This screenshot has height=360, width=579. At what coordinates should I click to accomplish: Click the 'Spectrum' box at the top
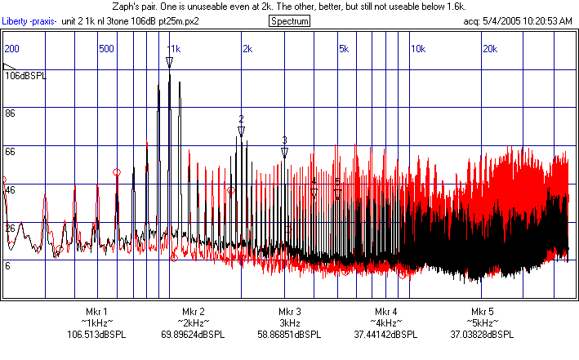click(x=289, y=20)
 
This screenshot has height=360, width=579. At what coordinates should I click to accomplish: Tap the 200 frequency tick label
click(x=12, y=49)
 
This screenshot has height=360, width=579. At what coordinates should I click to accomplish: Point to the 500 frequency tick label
click(x=105, y=49)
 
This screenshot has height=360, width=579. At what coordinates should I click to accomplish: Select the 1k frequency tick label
click(x=175, y=49)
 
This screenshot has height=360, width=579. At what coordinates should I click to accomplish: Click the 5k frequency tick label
click(x=343, y=49)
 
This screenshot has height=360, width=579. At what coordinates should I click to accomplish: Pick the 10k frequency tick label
click(x=417, y=49)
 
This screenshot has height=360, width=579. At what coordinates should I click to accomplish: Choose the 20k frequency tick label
click(x=489, y=49)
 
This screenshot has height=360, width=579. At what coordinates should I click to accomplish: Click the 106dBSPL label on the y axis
click(x=26, y=76)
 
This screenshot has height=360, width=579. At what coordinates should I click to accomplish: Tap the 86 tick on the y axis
click(x=11, y=113)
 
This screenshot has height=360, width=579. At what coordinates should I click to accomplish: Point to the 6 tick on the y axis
click(x=8, y=266)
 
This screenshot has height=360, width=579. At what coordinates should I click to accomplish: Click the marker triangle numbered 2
click(x=241, y=128)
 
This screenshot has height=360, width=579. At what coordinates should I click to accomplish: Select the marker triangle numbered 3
click(x=284, y=152)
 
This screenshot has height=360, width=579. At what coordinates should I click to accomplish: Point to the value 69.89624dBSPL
click(x=194, y=335)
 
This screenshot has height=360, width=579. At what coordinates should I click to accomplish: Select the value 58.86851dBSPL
click(x=290, y=335)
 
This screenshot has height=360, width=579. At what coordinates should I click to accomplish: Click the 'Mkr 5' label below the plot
click(x=483, y=312)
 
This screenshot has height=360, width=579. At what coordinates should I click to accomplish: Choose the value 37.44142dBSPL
click(x=386, y=335)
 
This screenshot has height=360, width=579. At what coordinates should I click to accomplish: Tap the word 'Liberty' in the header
click(x=16, y=20)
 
